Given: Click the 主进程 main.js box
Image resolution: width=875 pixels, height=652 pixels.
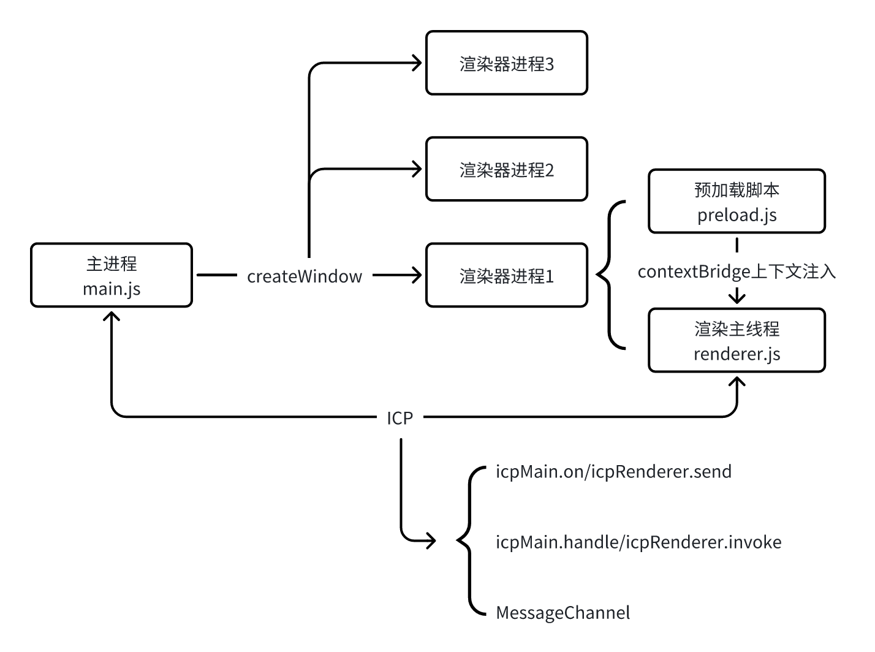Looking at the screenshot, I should [112, 276].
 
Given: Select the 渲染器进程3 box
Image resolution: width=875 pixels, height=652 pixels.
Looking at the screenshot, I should [507, 64].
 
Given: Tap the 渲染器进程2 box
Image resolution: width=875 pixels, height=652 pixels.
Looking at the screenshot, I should [507, 170].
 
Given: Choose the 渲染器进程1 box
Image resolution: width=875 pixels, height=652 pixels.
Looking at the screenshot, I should [507, 276].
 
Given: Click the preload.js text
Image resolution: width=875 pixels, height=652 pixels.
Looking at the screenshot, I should [737, 215].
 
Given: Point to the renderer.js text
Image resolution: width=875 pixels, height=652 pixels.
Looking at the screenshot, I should [737, 354].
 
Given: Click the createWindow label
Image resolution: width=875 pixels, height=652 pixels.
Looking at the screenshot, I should [305, 276].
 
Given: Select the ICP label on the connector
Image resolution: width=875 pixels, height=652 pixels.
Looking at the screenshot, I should [400, 418].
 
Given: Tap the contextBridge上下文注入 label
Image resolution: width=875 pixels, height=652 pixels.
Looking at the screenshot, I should [737, 271].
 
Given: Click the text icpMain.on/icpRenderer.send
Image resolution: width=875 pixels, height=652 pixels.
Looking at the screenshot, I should [613, 472].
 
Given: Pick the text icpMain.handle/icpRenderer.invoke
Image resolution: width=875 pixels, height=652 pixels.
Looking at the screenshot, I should [638, 542].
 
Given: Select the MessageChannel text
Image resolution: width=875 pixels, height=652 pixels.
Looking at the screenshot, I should [562, 613].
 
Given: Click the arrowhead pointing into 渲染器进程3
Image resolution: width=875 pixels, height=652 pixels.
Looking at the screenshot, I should [418, 63].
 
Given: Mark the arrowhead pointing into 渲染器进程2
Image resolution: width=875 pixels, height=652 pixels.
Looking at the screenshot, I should [418, 169].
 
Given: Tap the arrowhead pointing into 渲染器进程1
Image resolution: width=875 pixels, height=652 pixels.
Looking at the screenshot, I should [418, 275].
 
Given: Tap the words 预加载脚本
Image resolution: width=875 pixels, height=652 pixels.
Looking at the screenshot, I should [737, 190].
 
